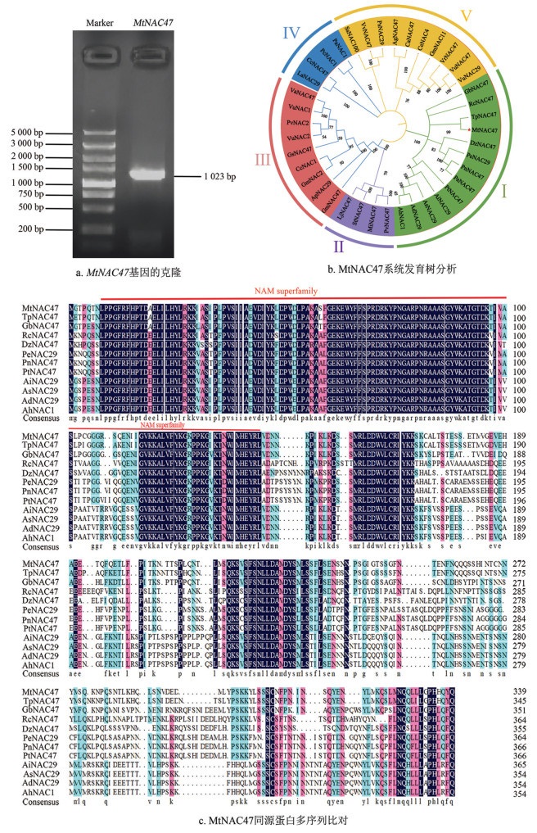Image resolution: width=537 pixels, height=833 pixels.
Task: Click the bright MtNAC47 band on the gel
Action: point(147,174)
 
